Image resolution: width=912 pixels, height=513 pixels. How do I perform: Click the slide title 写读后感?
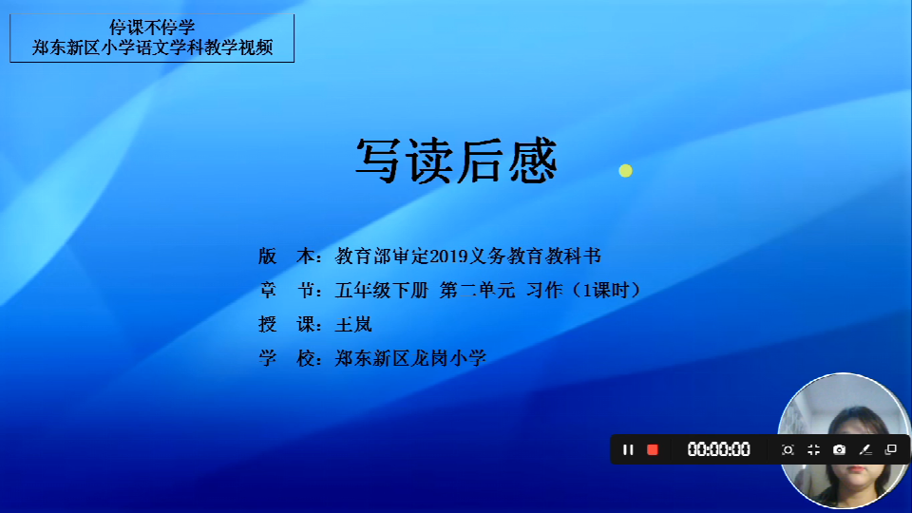point(457,161)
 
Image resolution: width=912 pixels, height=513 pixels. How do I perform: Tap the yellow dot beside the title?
point(626,170)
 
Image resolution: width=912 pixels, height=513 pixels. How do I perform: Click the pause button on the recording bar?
point(628,449)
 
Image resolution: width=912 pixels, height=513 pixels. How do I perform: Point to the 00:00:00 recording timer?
point(718,449)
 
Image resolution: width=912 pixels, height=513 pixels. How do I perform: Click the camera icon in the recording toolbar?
point(839,449)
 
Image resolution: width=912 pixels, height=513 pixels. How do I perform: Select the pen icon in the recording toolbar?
point(864,449)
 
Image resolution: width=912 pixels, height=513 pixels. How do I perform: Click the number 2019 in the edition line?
point(450,256)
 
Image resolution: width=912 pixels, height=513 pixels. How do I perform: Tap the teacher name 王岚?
point(353,324)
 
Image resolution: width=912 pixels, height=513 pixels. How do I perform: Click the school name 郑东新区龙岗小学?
point(410,358)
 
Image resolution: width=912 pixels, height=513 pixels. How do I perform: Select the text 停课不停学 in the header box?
point(152,28)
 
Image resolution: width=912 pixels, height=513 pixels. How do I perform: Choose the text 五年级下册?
point(382,290)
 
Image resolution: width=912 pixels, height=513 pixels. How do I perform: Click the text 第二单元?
point(478,290)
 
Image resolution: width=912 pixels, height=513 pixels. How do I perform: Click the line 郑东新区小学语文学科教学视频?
point(152,47)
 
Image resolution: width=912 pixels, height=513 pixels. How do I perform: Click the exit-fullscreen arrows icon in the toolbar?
point(813,449)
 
